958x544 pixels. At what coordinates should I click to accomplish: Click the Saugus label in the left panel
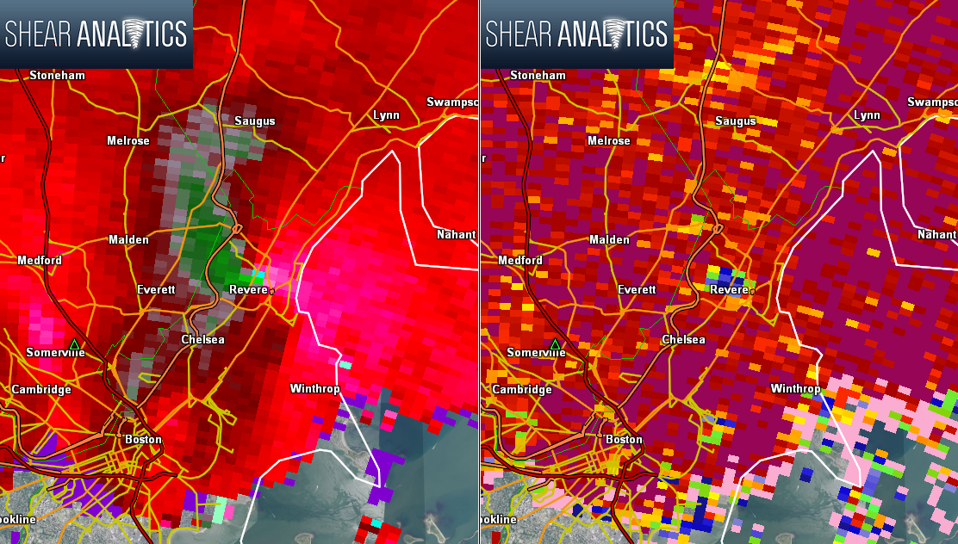[255, 121]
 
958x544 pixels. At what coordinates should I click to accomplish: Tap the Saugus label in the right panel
[735, 121]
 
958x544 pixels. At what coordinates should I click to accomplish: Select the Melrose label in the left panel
[128, 141]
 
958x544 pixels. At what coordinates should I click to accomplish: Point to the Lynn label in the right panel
[867, 115]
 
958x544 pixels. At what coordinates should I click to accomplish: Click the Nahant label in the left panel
[456, 235]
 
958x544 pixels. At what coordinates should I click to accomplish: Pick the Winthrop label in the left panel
[315, 389]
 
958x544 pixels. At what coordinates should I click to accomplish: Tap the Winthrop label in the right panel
[795, 389]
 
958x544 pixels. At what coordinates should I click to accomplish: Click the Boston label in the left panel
[143, 440]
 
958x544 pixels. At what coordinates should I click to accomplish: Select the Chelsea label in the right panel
[683, 340]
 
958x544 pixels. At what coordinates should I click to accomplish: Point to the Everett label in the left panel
[156, 290]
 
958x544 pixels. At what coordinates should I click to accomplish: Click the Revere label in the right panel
[729, 290]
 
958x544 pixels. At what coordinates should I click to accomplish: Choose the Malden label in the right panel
[609, 240]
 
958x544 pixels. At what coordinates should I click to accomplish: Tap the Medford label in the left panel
[40, 260]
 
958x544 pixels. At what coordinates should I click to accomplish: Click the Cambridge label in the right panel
[522, 390]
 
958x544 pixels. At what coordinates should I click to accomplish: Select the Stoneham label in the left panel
[57, 76]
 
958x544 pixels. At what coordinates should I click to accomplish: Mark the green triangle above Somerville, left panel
[74, 344]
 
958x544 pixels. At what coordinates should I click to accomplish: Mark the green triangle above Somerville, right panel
[555, 344]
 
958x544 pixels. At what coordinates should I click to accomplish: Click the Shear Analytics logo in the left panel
[96, 34]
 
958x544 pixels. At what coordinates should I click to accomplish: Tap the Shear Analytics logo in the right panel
[576, 34]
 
